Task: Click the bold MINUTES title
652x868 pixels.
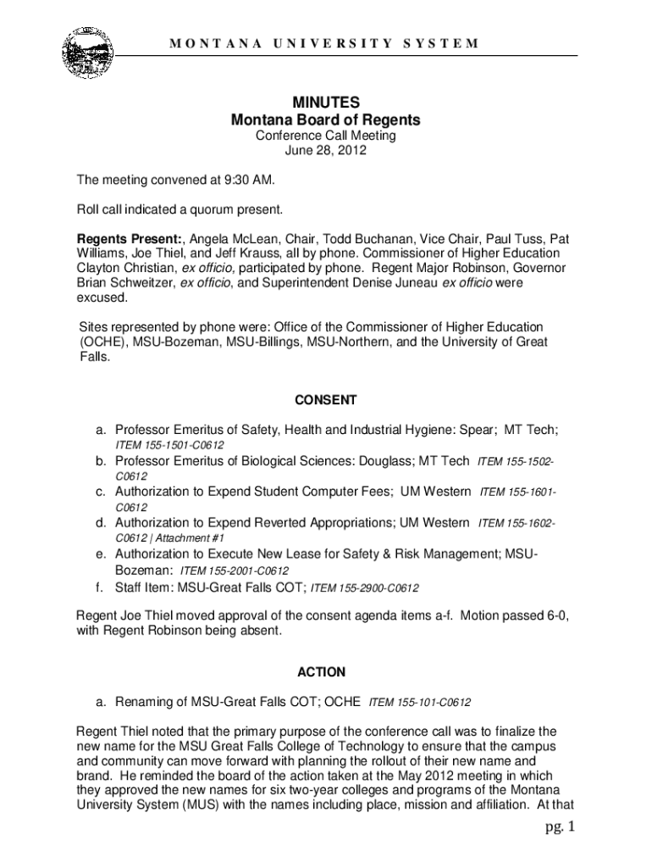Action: tap(326, 103)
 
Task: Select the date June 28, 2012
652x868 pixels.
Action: tap(326, 151)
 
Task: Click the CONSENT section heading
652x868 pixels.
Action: tap(326, 399)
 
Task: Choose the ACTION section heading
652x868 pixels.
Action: tap(322, 672)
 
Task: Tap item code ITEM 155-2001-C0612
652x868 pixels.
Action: tap(234, 570)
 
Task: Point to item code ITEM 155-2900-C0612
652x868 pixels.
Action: tap(365, 587)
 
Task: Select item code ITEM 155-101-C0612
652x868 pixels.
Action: tap(420, 703)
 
